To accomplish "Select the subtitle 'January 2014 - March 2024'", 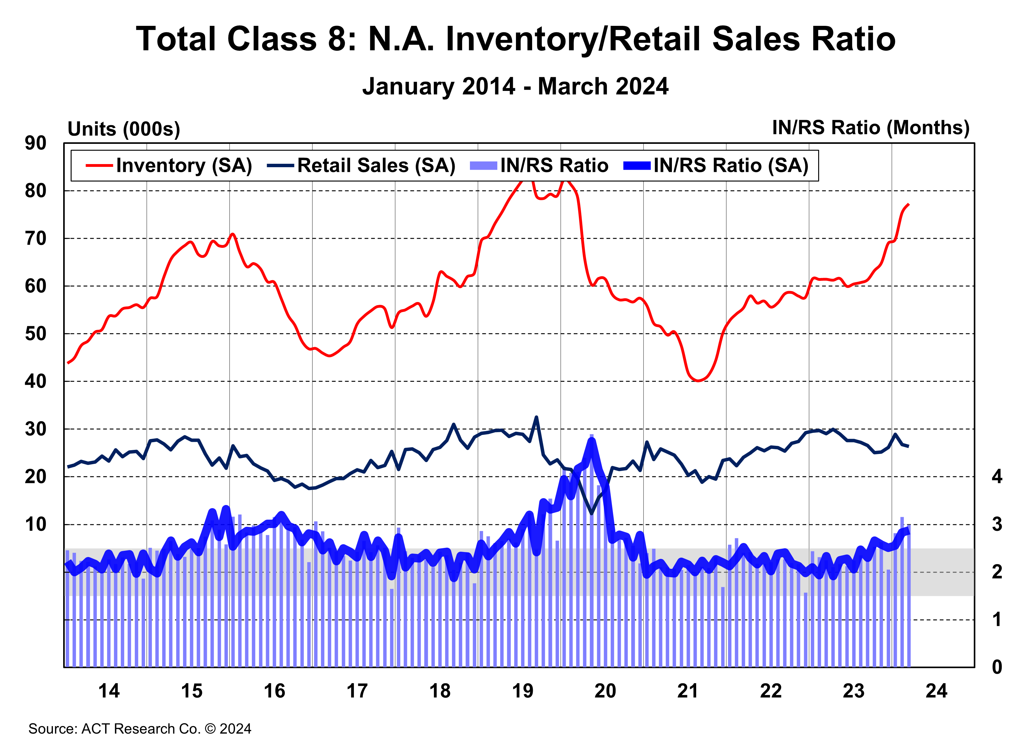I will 515,86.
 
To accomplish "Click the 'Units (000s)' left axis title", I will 124,129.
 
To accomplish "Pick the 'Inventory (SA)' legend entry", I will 183,165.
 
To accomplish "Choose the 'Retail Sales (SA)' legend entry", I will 376,165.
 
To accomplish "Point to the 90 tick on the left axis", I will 35,143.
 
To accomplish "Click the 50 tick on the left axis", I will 35,334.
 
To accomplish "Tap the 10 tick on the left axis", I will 35,525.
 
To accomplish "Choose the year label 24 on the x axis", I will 936,691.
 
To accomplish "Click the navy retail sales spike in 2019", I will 537,417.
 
